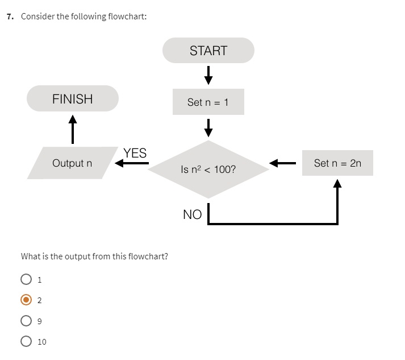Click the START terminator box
tap(208, 51)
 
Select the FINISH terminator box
tap(72, 98)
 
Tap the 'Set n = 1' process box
tap(208, 102)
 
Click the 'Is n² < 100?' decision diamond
tap(208, 169)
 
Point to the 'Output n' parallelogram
tap(72, 163)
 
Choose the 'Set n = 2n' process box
tap(337, 163)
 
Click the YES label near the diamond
tap(135, 153)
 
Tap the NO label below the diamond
tap(192, 214)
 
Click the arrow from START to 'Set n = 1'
tap(208, 74)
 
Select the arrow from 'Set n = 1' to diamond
tap(208, 127)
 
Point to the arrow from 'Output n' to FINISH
tap(72, 129)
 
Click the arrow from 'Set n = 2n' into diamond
tap(282, 164)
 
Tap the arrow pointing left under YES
tap(131, 164)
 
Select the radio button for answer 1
tap(26, 279)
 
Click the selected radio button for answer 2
tap(26, 300)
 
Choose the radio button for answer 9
tap(26, 321)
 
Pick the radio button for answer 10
tap(26, 341)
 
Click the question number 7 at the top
tap(10, 16)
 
